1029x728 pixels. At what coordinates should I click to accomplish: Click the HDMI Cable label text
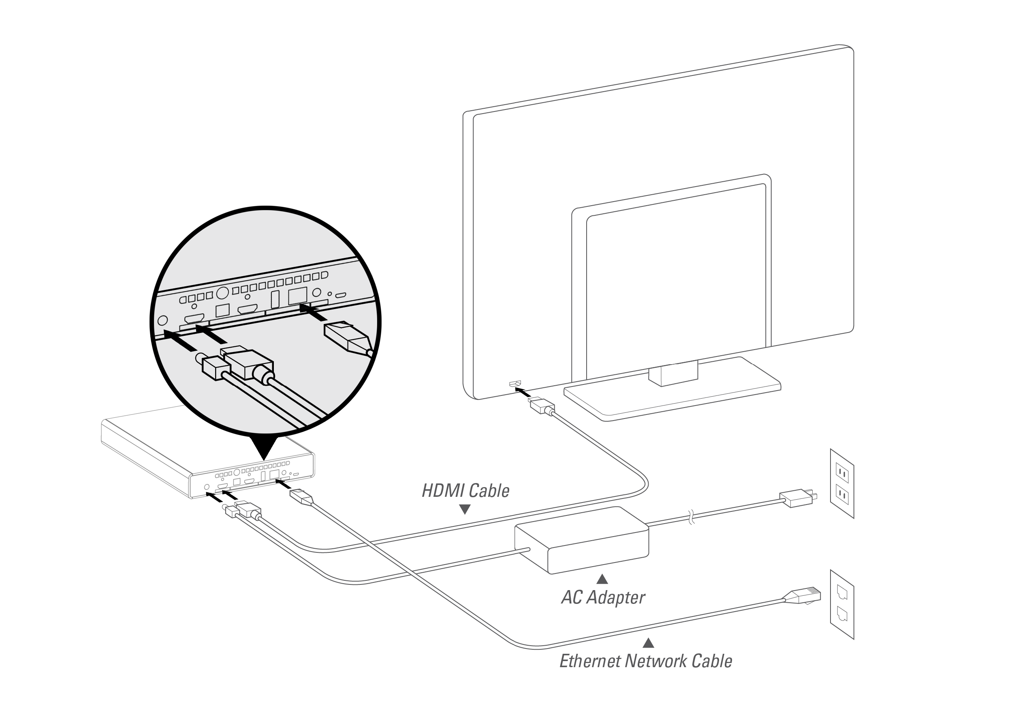pyautogui.click(x=465, y=491)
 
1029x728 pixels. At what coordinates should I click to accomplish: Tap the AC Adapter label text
pyautogui.click(x=603, y=597)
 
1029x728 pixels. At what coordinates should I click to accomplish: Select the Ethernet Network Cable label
pyautogui.click(x=645, y=661)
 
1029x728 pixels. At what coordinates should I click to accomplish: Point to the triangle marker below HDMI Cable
pyautogui.click(x=465, y=509)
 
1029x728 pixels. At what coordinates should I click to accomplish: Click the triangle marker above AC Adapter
pyautogui.click(x=602, y=579)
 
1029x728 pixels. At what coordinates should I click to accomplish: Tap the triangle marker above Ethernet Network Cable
pyautogui.click(x=648, y=643)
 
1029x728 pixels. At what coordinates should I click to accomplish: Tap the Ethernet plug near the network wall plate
pyautogui.click(x=805, y=596)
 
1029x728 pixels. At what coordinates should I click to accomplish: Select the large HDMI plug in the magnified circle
pyautogui.click(x=248, y=363)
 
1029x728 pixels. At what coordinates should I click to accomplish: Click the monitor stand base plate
pyautogui.click(x=672, y=397)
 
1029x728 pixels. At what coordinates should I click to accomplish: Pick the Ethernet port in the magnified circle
pyautogui.click(x=298, y=296)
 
